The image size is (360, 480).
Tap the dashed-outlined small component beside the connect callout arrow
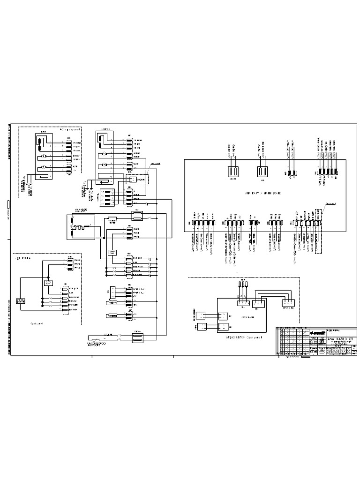[136, 180]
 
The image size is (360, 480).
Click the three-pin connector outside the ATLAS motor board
[287, 303]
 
